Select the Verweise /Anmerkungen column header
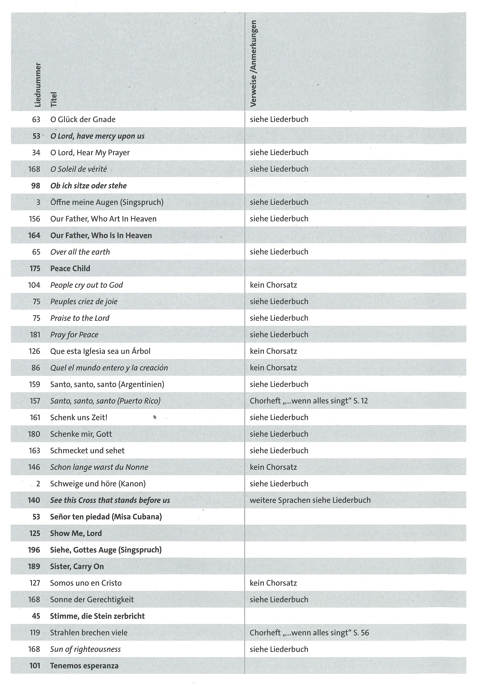[x=253, y=64]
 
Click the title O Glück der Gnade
[x=83, y=119]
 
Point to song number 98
[x=36, y=186]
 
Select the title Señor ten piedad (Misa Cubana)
[x=106, y=517]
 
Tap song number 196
[x=34, y=550]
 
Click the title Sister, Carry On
[x=77, y=566]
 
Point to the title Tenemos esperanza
[x=84, y=666]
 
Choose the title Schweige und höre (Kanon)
[x=98, y=484]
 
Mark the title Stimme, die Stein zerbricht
[x=97, y=616]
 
